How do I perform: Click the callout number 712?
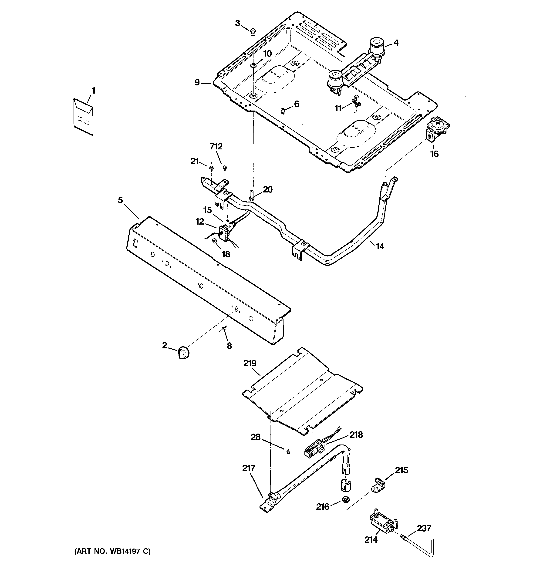(216, 147)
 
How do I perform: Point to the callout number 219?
(250, 363)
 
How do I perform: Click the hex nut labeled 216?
(345, 499)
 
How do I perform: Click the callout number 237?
(424, 528)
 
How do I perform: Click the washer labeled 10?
(253, 65)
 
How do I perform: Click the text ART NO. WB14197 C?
(112, 551)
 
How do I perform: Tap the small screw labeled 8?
(224, 328)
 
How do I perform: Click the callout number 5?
(120, 200)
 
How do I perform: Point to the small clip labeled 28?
(288, 451)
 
